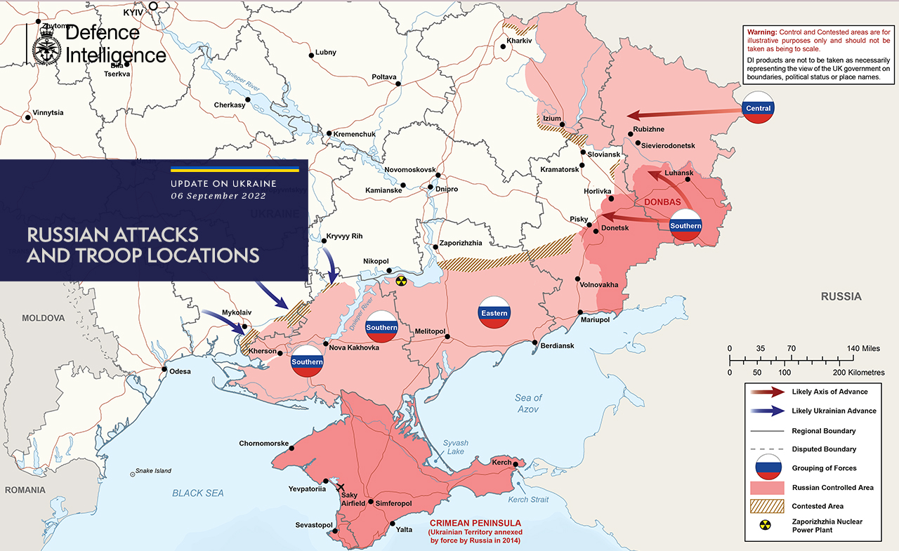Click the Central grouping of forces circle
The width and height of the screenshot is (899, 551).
coord(759,108)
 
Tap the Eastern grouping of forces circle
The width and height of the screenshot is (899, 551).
coord(494,313)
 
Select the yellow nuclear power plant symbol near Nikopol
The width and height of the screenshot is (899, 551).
coord(400,281)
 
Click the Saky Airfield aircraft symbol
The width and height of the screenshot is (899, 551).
coord(341,487)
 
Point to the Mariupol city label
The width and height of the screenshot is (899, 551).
coord(594,319)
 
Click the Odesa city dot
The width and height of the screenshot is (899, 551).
coord(164,369)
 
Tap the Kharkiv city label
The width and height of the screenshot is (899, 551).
coord(520,41)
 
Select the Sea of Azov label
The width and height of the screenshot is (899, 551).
coord(528,403)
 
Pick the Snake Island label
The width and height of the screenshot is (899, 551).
coord(153,471)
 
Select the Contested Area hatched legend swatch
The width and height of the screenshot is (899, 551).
coord(767,506)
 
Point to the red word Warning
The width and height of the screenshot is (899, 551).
coord(761,33)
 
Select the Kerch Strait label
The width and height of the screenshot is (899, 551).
coord(527,499)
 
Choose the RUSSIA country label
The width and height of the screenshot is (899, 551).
coord(841,297)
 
